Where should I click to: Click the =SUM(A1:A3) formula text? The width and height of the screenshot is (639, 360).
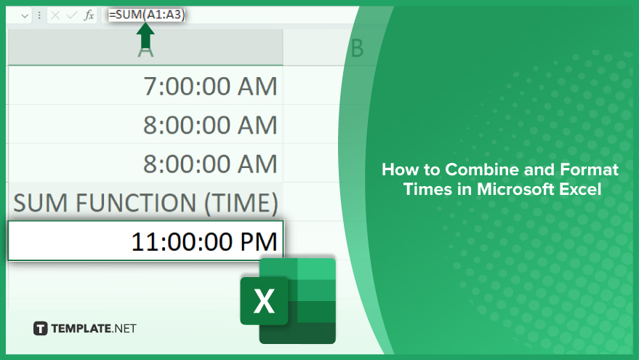(147, 15)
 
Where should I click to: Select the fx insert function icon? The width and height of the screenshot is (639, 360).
(89, 15)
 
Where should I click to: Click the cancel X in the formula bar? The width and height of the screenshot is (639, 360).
(55, 15)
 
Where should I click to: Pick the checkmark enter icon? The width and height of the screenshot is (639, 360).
(72, 15)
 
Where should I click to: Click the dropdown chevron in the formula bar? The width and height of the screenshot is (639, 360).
(25, 16)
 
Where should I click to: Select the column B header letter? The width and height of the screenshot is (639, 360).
(357, 49)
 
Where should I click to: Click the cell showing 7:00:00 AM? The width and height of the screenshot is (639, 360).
(145, 86)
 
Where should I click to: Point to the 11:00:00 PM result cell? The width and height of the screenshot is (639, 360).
(145, 241)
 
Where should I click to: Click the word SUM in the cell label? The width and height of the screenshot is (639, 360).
(40, 203)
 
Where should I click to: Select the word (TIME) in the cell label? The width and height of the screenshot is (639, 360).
(241, 203)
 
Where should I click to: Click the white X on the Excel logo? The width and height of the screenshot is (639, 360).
(264, 301)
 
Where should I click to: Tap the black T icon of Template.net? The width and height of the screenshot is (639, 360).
(40, 328)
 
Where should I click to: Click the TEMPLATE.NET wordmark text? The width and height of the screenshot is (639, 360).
(94, 329)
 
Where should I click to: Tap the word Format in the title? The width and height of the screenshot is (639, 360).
(590, 169)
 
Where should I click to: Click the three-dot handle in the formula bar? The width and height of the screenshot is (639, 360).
(39, 15)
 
